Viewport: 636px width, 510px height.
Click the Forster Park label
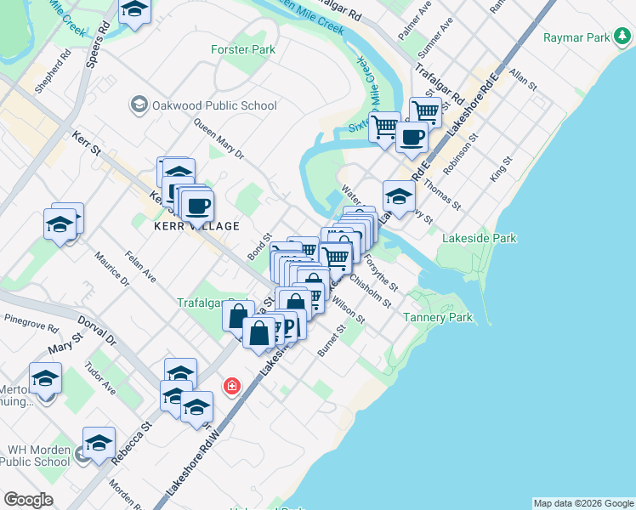(243, 49)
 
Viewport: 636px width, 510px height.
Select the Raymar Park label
(577, 37)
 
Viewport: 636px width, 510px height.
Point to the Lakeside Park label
(480, 239)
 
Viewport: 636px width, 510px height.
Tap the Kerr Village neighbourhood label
(196, 226)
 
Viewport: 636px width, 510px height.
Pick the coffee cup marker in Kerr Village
(197, 205)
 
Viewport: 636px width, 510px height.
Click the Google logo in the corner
(28, 499)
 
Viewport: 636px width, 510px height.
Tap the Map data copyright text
(582, 503)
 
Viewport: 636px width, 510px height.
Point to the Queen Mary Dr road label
(219, 140)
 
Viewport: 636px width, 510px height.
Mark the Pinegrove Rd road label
(31, 322)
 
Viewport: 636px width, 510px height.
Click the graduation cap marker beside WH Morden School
(99, 443)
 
